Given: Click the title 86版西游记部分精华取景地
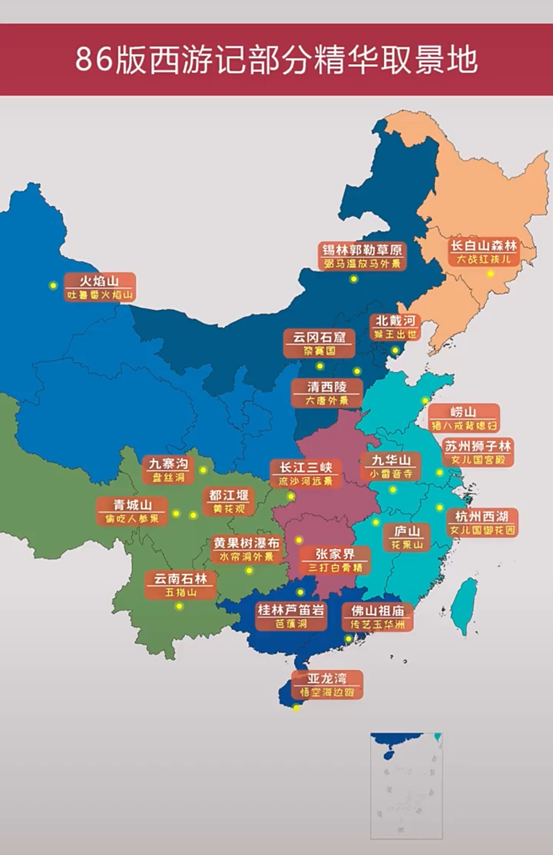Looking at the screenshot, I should (x=276, y=59).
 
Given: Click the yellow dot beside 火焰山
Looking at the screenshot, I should (x=52, y=285).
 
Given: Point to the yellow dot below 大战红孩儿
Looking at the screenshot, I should (x=489, y=273).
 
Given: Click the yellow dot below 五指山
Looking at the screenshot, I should (x=179, y=607).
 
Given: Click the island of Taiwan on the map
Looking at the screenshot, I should (x=465, y=605).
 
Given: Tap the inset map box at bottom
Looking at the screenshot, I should (x=406, y=786).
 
